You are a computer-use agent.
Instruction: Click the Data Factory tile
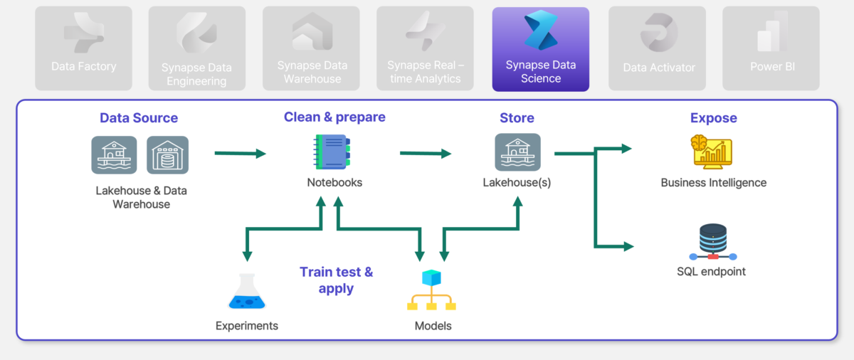coord(83,48)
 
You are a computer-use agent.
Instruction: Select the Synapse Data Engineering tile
coord(196,48)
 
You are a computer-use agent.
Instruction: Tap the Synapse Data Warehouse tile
coord(311,48)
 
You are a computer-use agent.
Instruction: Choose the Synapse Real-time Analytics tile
coord(425,48)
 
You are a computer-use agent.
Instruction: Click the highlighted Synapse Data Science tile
coord(541,49)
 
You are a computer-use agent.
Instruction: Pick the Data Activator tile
coord(658,48)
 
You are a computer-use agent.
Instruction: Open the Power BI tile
coord(771,48)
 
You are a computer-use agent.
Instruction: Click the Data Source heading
coord(139,118)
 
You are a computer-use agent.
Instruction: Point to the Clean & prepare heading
coord(334,117)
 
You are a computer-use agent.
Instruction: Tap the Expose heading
coord(714,118)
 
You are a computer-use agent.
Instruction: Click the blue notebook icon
coord(332,152)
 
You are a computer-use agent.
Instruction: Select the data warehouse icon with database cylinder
coord(168,155)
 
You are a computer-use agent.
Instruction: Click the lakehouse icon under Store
coord(518,152)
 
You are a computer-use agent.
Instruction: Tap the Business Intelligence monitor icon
coord(712,152)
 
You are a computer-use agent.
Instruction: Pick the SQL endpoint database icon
coord(713,242)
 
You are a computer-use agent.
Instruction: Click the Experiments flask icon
coord(247,291)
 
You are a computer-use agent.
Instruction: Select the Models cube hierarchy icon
coord(431,290)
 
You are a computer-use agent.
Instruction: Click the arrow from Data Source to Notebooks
coord(241,154)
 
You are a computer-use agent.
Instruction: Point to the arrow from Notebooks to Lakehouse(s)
coord(426,154)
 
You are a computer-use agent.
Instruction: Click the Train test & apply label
coord(336,280)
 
